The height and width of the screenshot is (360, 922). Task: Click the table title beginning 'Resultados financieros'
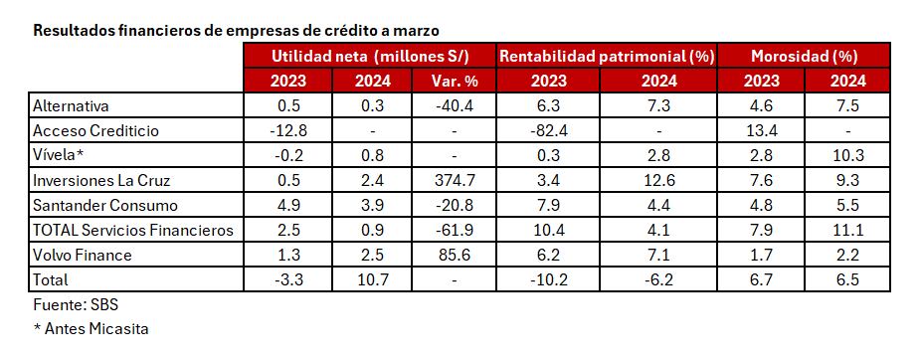[x=236, y=30]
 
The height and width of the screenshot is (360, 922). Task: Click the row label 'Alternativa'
[x=71, y=105]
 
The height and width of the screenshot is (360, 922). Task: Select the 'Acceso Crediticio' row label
[x=95, y=130]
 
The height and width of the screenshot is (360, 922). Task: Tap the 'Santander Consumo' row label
[x=104, y=205]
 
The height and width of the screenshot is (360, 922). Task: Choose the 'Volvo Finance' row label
[x=82, y=255]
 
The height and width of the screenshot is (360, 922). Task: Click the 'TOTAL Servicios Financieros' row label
[x=133, y=230]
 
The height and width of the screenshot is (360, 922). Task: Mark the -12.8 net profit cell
[x=286, y=130]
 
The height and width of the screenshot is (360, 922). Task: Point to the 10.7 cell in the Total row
[x=370, y=279]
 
